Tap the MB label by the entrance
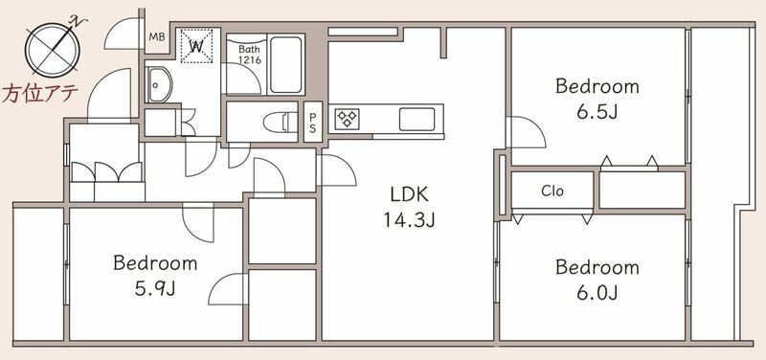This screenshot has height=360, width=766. click(x=157, y=37)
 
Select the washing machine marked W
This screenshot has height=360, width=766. click(x=197, y=46)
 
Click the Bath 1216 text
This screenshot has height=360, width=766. click(x=249, y=55)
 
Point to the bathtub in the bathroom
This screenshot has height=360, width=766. click(x=285, y=64)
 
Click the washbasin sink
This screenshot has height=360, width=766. click(x=159, y=84)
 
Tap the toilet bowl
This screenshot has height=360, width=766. click(x=280, y=122)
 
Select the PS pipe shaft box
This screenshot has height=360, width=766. click(x=313, y=122)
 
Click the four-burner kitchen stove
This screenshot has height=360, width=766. click(x=348, y=119)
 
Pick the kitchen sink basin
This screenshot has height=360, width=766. click(x=417, y=119)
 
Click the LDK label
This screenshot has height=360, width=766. click(x=409, y=195)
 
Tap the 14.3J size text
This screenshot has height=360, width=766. click(x=409, y=221)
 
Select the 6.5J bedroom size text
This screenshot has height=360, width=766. click(x=597, y=112)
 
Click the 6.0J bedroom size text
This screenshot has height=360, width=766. click(x=597, y=293)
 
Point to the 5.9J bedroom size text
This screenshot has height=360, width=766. click(x=155, y=289)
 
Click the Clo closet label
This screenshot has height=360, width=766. click(x=552, y=191)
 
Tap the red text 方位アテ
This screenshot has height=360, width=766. click(x=39, y=93)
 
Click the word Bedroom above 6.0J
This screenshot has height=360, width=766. click(x=597, y=268)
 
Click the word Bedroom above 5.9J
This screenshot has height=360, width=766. click(x=155, y=263)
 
